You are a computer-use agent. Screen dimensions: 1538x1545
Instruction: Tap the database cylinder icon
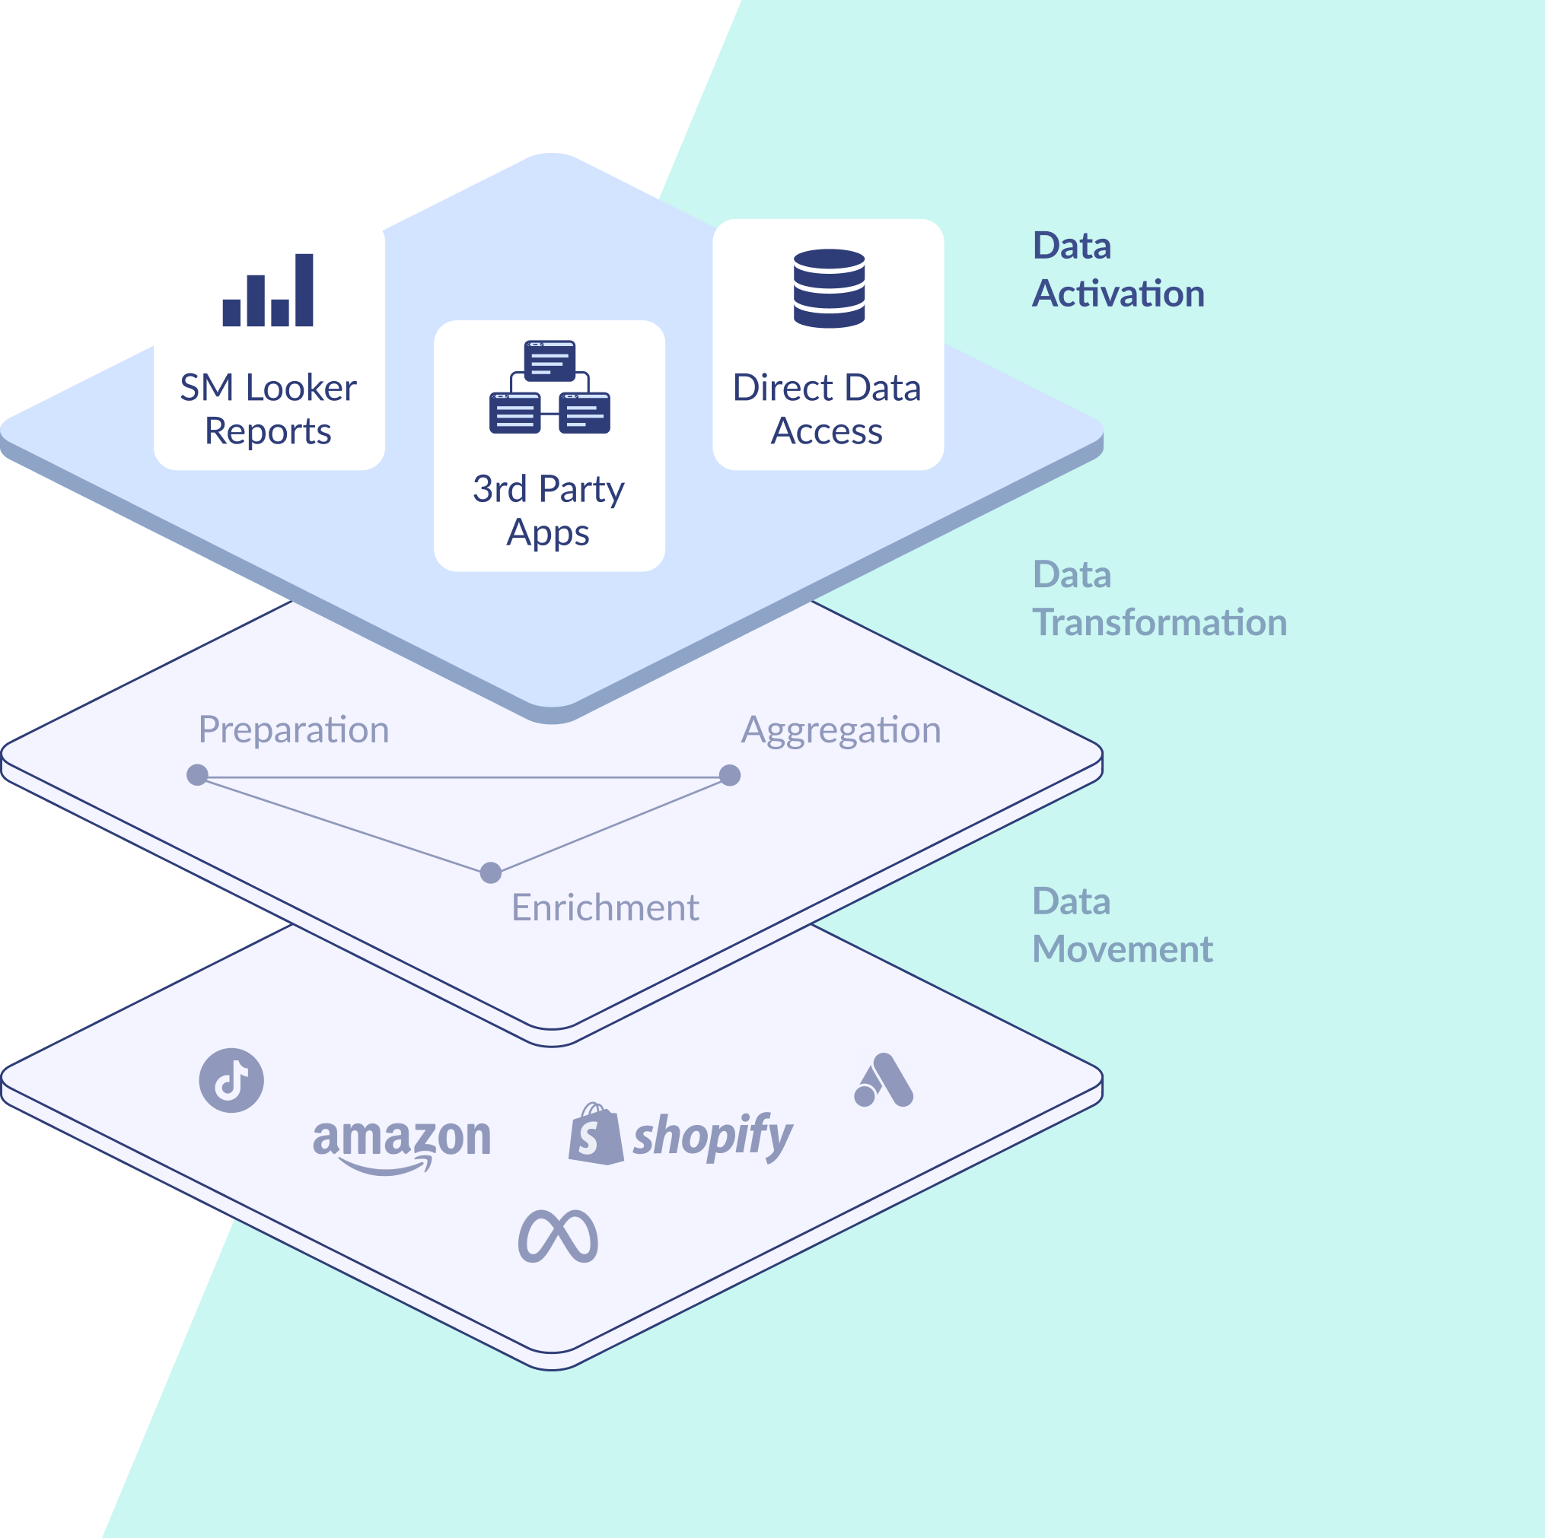coord(830,288)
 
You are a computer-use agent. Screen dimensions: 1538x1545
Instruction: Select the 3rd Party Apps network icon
coord(550,387)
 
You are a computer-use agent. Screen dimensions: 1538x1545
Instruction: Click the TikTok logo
coord(231,1080)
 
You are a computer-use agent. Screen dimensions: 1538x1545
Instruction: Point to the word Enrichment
coord(604,908)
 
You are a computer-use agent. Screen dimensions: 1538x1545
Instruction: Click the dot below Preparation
coord(198,774)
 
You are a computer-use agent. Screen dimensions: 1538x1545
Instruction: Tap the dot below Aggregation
coord(729,774)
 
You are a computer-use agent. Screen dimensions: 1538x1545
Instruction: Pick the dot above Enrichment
coord(491,872)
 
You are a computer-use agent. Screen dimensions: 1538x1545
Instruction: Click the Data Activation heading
coord(1117,269)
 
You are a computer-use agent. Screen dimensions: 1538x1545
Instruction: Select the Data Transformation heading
coord(1158,598)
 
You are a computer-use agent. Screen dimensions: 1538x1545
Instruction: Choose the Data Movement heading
coord(1122,925)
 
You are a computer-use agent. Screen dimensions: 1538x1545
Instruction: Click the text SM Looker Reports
coord(268,409)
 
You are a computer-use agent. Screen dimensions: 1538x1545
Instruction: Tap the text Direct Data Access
coord(827,409)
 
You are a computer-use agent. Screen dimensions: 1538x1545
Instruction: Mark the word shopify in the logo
coord(712,1135)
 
